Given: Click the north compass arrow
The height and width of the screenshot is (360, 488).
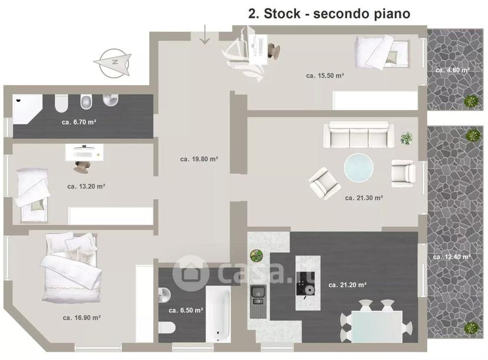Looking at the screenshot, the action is (x=113, y=62).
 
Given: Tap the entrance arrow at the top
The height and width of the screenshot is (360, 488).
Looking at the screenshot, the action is (x=205, y=35).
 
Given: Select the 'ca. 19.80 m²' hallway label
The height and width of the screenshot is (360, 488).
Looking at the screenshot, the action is (x=199, y=159).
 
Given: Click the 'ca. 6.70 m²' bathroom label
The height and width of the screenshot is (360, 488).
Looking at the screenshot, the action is (x=79, y=123).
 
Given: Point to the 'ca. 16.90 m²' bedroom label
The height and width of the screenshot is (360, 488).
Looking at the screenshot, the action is (x=81, y=318).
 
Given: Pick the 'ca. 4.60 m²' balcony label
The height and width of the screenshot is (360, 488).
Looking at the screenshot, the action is (x=453, y=70).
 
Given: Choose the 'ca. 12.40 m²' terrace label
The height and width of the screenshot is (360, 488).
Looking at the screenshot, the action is (x=452, y=257).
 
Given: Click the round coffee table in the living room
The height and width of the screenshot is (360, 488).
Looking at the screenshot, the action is (x=358, y=167).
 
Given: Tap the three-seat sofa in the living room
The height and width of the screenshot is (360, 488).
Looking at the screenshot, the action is (x=358, y=134).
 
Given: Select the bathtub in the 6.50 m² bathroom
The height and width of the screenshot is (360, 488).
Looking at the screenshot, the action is (x=218, y=314).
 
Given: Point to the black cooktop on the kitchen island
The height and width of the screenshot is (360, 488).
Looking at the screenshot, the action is (x=305, y=283).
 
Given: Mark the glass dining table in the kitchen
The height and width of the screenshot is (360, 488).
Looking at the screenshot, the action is (x=377, y=326).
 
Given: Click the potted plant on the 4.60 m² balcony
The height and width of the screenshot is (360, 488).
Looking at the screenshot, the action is (x=471, y=101).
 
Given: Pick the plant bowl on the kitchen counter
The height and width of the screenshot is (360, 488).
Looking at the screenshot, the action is (x=257, y=256).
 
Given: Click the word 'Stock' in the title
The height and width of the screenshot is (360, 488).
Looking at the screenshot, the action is (x=282, y=14).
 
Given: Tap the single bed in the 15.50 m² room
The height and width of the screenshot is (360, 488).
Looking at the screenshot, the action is (x=381, y=52).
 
